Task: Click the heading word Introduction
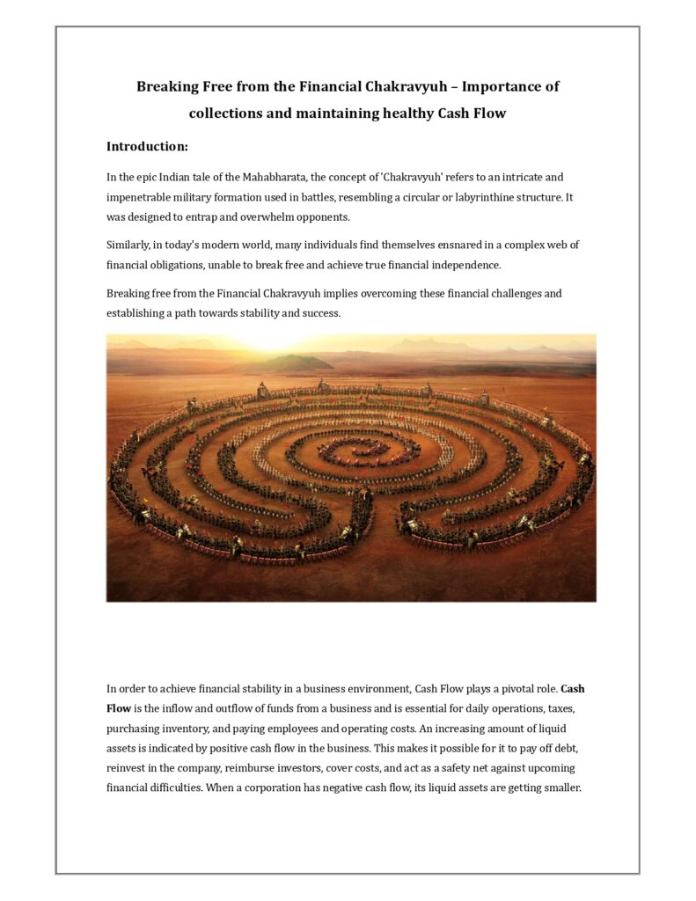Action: click(x=145, y=146)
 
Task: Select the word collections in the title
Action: click(x=230, y=113)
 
